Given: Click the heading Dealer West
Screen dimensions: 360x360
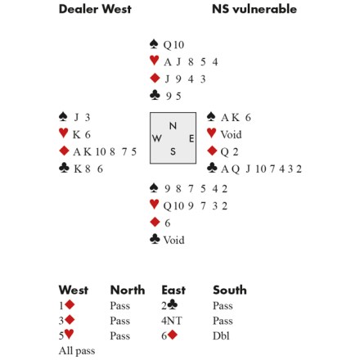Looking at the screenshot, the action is tap(95, 9).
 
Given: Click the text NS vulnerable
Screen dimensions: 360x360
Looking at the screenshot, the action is tap(254, 9).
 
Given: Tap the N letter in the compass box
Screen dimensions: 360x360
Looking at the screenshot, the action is tap(173, 126).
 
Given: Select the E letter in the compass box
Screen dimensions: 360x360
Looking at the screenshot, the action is tap(191, 138).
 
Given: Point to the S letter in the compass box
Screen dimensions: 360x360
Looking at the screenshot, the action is tap(173, 151).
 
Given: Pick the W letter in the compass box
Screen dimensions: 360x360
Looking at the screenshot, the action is tap(157, 138).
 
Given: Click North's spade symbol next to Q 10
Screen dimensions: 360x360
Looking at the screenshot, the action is tap(154, 44).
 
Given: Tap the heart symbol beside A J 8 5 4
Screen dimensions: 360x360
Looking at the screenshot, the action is tap(154, 61).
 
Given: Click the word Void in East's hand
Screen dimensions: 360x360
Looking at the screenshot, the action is tap(231, 134).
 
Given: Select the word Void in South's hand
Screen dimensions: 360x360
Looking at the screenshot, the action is tap(173, 240).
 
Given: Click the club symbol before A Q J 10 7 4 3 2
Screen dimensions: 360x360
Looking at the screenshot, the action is tap(212, 169).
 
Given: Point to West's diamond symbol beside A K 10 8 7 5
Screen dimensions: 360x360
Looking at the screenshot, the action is tap(64, 151).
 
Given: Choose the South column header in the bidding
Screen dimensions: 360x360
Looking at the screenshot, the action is tap(230, 290).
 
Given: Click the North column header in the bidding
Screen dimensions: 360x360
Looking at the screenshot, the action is tap(128, 290).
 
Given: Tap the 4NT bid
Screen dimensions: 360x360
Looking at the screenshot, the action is tap(171, 321).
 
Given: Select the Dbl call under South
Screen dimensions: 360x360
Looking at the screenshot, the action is tap(221, 335).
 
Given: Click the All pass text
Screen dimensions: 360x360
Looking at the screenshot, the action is tap(77, 351).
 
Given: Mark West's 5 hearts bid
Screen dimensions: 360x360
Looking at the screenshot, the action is tap(66, 335).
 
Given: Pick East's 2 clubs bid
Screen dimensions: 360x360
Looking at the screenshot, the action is tap(169, 305).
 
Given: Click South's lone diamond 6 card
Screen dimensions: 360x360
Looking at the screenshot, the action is tap(167, 223).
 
